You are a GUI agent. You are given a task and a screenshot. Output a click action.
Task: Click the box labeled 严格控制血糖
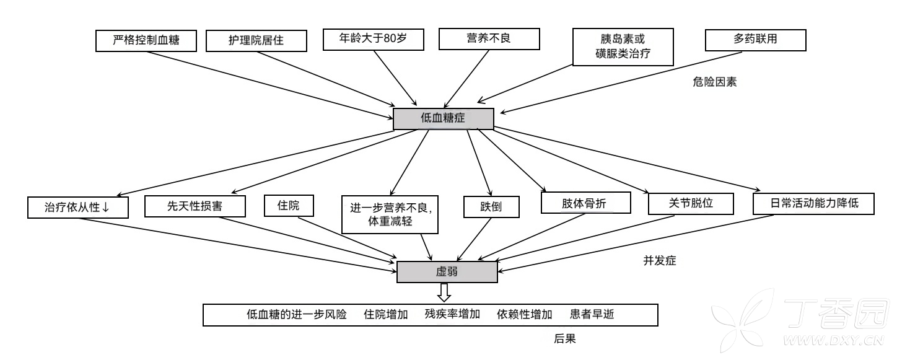tap(146, 40)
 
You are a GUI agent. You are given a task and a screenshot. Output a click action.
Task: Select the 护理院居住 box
tap(256, 41)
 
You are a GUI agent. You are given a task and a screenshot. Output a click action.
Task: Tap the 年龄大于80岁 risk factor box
tap(374, 39)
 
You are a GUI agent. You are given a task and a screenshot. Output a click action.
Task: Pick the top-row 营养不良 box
tap(489, 39)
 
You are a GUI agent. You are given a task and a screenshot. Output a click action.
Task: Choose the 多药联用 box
tap(756, 40)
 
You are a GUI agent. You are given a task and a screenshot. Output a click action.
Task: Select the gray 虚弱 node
tap(447, 272)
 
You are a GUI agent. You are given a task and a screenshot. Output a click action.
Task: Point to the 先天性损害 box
tap(195, 206)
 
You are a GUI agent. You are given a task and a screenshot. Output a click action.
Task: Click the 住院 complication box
tap(289, 206)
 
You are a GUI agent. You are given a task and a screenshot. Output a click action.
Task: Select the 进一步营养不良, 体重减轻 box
tap(390, 214)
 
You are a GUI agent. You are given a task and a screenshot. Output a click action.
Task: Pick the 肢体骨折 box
tap(585, 203)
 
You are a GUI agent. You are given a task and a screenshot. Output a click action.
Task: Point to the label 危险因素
tap(714, 82)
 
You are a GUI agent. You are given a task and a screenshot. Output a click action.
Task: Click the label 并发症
tap(660, 260)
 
